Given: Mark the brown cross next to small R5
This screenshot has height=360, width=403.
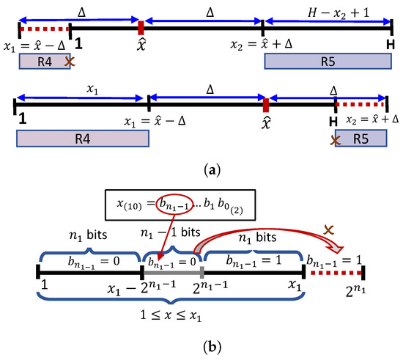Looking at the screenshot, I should click(336, 139).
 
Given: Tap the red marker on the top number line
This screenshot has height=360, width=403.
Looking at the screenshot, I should click(140, 28).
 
